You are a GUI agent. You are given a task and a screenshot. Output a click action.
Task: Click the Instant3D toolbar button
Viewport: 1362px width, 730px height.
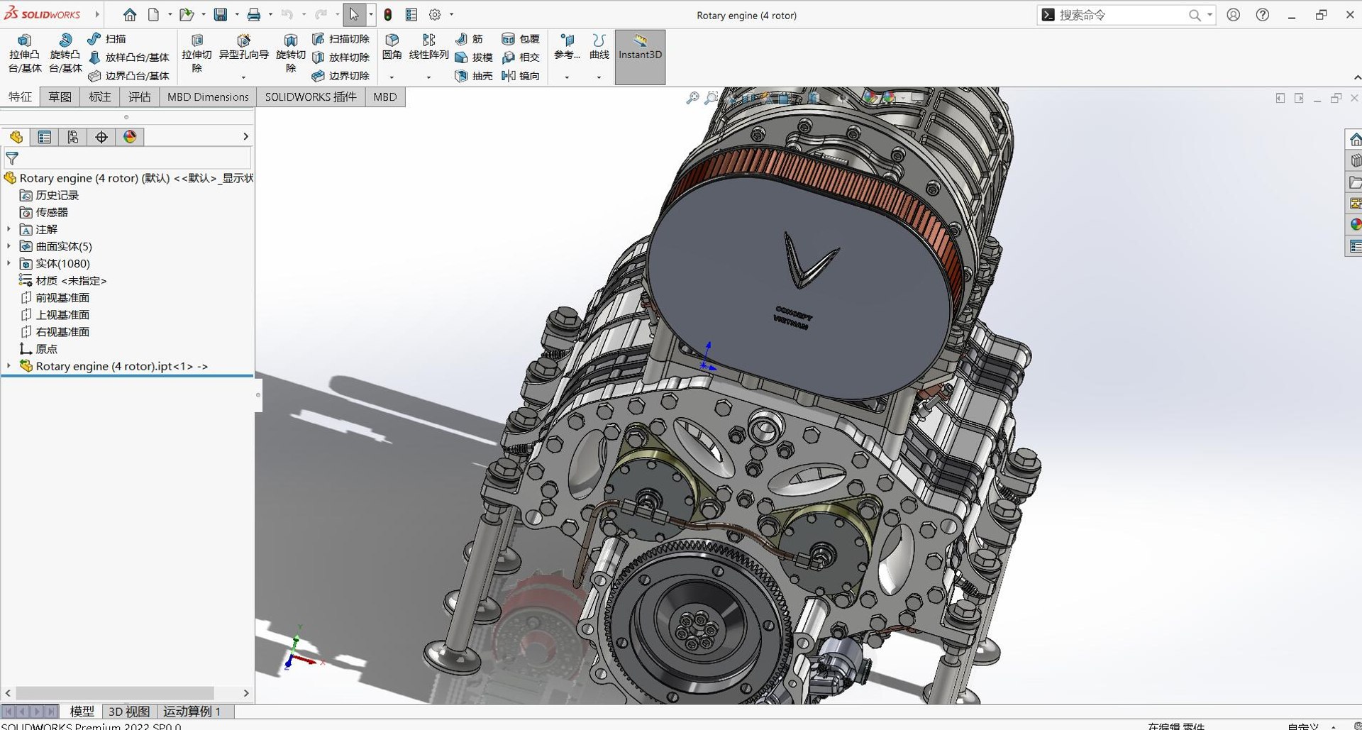pos(640,55)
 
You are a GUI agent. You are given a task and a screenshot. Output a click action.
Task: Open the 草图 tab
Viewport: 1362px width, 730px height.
pos(60,97)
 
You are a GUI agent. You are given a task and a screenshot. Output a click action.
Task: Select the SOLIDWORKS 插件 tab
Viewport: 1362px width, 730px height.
pos(310,97)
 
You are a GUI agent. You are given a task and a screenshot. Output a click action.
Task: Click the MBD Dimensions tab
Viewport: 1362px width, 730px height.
pos(208,97)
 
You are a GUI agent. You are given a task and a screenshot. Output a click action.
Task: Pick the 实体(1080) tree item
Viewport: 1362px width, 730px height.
pos(62,264)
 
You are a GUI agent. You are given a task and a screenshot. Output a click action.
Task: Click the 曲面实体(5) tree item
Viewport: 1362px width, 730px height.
pos(63,247)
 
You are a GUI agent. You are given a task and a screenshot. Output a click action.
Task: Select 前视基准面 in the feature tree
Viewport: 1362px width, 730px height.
pos(62,298)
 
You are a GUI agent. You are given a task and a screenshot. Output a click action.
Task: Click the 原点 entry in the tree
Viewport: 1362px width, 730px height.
pos(46,349)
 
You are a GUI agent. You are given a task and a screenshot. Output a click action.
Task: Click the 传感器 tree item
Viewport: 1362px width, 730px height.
pos(52,213)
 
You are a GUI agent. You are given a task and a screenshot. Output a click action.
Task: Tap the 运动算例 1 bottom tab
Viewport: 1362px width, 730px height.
pos(192,712)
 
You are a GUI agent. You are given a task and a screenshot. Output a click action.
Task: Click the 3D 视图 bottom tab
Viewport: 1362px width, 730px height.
pos(128,712)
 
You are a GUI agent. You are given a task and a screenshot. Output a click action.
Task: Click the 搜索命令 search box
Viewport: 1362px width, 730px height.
pos(1121,15)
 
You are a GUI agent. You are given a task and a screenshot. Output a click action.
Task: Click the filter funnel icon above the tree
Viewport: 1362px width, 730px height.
pos(12,159)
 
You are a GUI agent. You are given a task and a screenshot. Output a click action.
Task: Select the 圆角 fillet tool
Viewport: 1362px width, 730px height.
pos(392,47)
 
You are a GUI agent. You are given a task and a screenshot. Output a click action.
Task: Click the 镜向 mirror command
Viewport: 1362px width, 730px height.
pos(521,76)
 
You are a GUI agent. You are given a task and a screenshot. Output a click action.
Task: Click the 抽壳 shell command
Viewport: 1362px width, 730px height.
pos(473,76)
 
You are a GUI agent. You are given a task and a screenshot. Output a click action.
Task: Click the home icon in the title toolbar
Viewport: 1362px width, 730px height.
pos(130,15)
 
